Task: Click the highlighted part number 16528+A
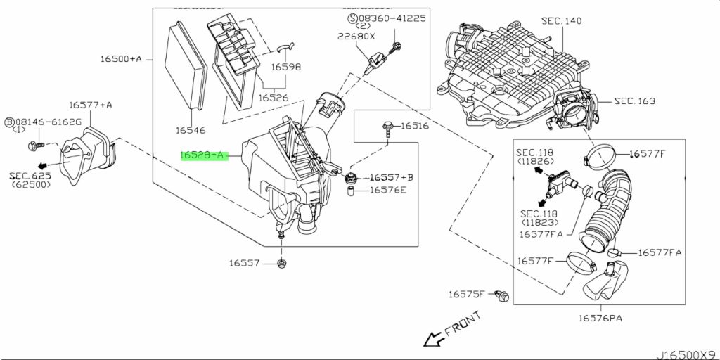[x=202, y=155]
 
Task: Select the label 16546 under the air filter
[x=191, y=130]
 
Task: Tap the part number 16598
[x=285, y=67]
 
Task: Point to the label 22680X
[x=356, y=37]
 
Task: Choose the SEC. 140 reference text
[x=561, y=20]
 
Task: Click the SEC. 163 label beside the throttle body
[x=635, y=101]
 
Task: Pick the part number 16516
[x=415, y=126]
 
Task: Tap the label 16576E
[x=388, y=190]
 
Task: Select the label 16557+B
[x=391, y=177]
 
